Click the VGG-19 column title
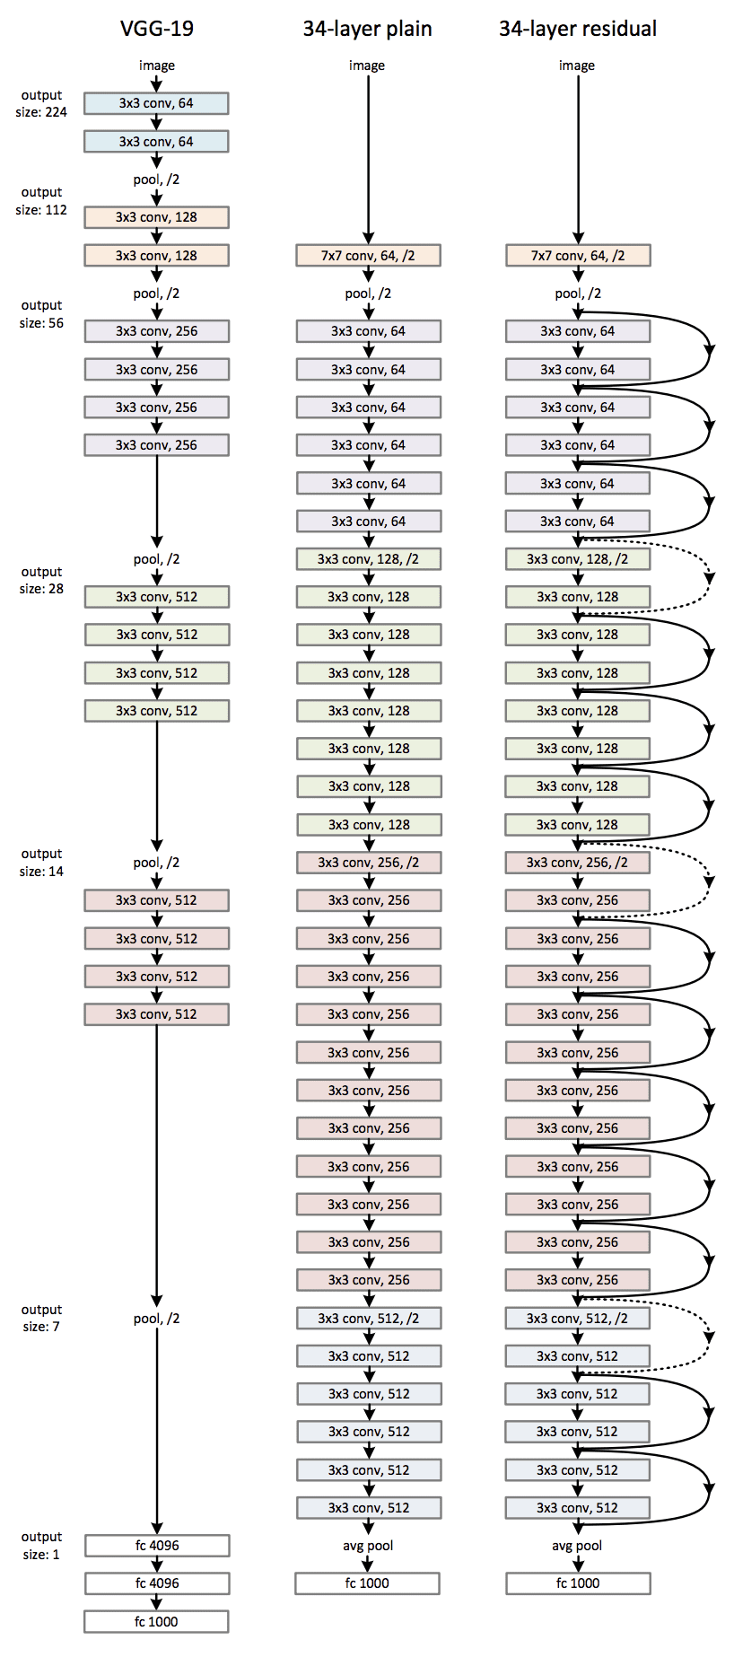click(x=156, y=29)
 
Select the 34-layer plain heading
click(x=367, y=29)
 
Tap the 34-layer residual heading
click(x=577, y=29)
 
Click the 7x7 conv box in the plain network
click(x=368, y=256)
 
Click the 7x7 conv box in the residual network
click(x=578, y=256)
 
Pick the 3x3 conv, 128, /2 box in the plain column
click(x=368, y=559)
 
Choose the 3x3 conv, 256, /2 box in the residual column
click(x=577, y=863)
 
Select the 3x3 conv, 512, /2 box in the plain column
click(x=368, y=1319)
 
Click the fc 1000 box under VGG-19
click(x=156, y=1621)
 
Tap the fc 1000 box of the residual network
click(x=578, y=1583)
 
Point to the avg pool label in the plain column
click(x=368, y=1546)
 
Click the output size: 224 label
click(x=41, y=103)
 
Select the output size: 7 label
click(x=41, y=1318)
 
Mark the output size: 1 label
click(x=41, y=1545)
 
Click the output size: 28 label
click(x=41, y=580)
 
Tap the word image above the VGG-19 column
click(x=156, y=66)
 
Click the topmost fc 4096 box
click(x=157, y=1546)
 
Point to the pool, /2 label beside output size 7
click(x=156, y=1319)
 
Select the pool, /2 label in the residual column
click(x=578, y=294)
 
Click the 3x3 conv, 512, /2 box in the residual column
click(x=577, y=1319)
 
